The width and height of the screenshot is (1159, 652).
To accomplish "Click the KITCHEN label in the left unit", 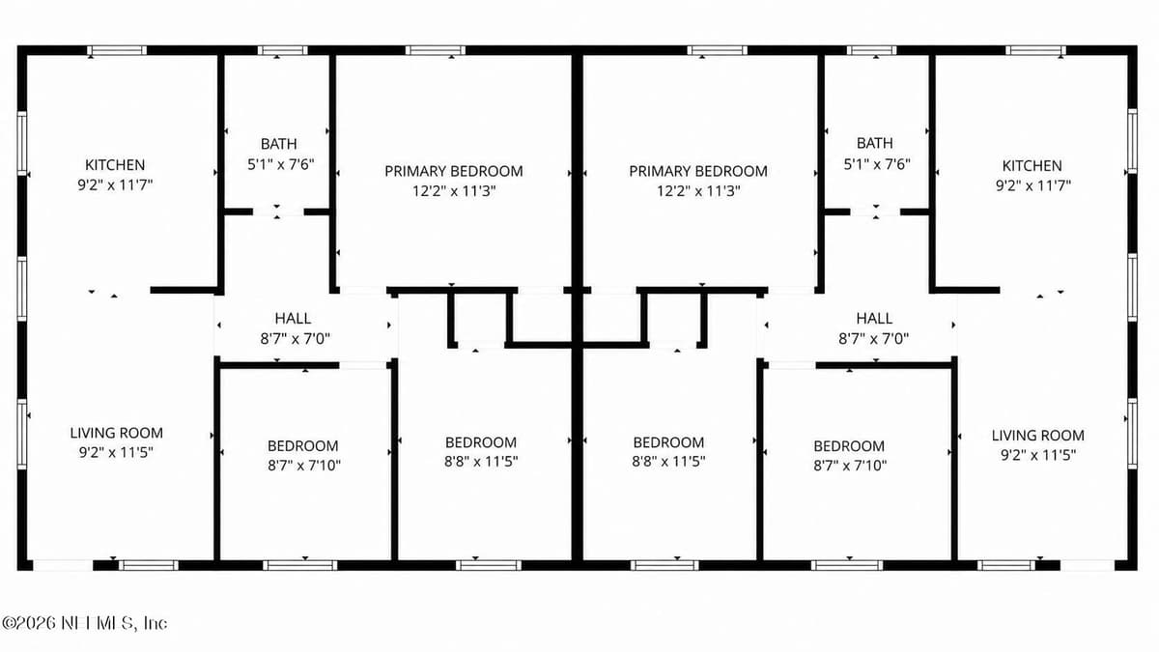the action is [x=115, y=165].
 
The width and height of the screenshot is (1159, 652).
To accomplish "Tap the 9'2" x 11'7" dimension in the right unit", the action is [x=1032, y=185].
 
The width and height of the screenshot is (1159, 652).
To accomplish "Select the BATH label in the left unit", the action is [x=279, y=143].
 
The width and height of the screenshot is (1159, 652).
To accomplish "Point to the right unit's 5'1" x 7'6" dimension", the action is [x=877, y=164].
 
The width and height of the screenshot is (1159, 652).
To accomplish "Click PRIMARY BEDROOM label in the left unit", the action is [x=454, y=171].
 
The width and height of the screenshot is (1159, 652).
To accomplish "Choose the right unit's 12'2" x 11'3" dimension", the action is [x=698, y=191].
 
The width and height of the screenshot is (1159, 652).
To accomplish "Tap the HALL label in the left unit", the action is [x=293, y=318].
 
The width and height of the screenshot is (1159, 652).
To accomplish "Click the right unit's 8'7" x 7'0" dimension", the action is [x=874, y=339].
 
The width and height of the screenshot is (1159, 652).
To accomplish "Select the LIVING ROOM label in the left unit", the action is [x=117, y=433].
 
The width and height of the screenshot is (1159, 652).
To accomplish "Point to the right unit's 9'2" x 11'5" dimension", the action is [x=1038, y=455].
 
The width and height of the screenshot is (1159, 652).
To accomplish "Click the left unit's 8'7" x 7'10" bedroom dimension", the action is [x=303, y=466].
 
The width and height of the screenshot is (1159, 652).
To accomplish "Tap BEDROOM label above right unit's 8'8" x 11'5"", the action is [x=668, y=442].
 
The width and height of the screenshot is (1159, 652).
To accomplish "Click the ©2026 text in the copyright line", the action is [x=29, y=623].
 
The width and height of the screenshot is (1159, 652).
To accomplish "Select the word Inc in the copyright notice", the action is [x=155, y=623].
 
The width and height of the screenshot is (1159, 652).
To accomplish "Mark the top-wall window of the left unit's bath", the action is [x=282, y=50].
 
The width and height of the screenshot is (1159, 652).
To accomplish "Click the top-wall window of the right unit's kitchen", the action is [x=1035, y=50].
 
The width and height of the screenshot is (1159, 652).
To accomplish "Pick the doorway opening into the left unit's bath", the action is [x=278, y=212].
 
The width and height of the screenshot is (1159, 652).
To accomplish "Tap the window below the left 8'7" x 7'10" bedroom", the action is [x=300, y=565].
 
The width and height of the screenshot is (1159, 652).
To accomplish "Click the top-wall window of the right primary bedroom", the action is [x=717, y=50].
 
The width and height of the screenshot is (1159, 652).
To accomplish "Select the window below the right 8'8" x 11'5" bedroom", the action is [x=664, y=565].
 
